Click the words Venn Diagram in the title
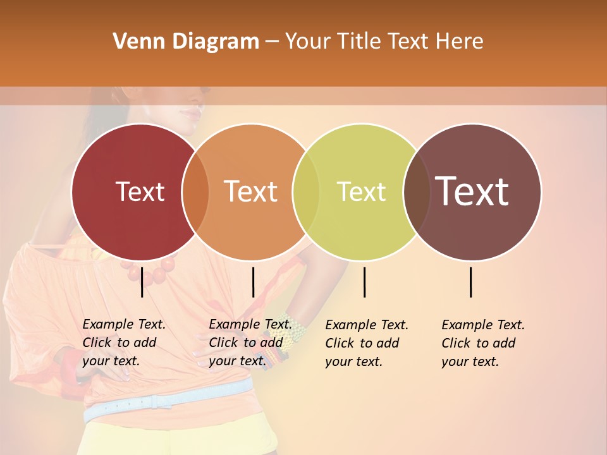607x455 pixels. pos(186,42)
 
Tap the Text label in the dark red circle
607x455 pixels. pos(140,192)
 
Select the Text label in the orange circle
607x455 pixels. pos(251,192)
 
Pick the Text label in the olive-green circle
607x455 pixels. pos(361,192)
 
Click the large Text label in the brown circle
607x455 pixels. pos(472,191)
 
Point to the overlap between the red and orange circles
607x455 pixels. pos(195,192)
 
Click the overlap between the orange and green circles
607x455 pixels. pos(306,192)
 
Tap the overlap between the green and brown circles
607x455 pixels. pos(415,192)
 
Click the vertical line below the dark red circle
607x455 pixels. pos(142,282)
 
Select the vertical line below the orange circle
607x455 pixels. pos(253,282)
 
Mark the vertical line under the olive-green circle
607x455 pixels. pos(364,282)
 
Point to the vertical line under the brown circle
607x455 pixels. pos(471,282)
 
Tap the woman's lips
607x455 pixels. pos(189,112)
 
